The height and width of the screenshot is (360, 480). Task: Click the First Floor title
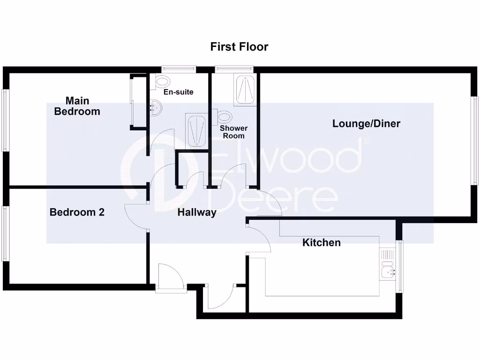click(x=239, y=47)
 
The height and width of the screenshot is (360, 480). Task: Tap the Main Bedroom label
click(x=77, y=106)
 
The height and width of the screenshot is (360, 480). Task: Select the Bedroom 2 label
click(x=77, y=212)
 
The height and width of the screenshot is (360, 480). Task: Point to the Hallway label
click(x=197, y=213)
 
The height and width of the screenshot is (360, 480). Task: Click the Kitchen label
click(x=321, y=243)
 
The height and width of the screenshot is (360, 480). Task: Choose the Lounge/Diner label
click(x=366, y=124)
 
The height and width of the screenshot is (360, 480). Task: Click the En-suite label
click(x=178, y=92)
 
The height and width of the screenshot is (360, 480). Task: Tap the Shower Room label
click(x=233, y=132)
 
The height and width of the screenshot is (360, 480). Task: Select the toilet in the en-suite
click(x=161, y=81)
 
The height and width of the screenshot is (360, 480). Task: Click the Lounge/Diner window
click(x=475, y=140)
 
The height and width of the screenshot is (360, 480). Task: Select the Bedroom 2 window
click(x=5, y=233)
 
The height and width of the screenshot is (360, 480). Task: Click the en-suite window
click(x=178, y=69)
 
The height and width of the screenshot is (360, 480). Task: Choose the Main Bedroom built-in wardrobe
click(x=132, y=101)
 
